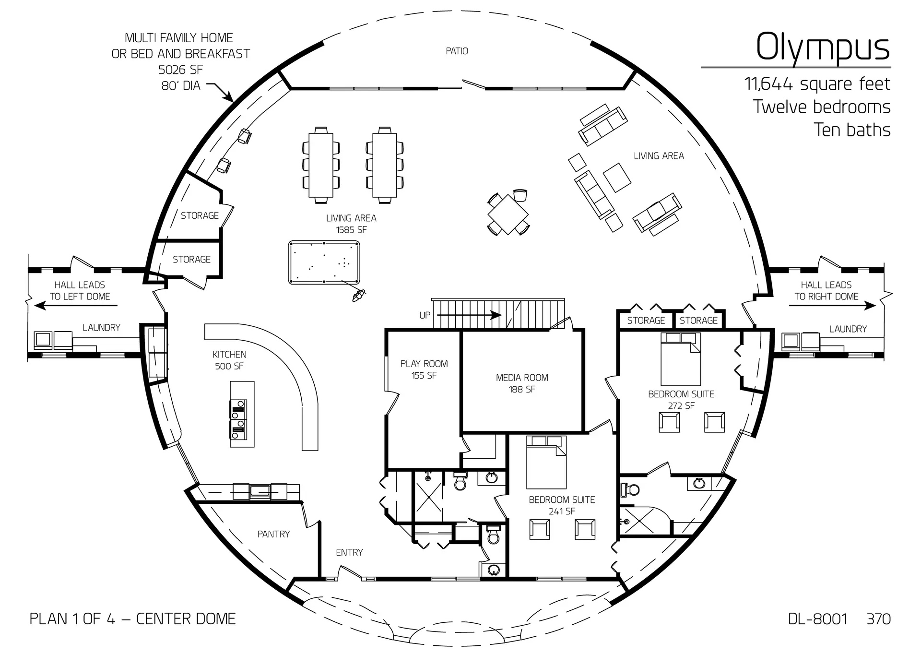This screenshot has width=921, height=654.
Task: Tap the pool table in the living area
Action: point(324,263)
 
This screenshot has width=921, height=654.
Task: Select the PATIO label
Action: point(457,51)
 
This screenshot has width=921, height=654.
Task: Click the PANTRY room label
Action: point(273,534)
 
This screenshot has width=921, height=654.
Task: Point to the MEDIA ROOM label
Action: point(522,378)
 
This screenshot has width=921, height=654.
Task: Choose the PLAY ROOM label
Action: point(424,364)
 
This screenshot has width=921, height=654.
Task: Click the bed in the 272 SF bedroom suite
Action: point(681,359)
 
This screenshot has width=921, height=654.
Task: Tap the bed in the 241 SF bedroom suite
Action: point(546,462)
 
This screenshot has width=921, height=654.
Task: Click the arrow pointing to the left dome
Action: point(74,305)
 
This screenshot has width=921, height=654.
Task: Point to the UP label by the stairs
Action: point(425,315)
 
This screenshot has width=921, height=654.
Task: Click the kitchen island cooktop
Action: point(238,419)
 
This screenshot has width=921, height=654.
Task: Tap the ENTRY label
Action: point(349,553)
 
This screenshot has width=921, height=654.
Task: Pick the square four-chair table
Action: point(508,214)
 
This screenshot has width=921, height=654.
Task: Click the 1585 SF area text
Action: point(351,230)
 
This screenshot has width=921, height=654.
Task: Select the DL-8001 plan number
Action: point(817,619)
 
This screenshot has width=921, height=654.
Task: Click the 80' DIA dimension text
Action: point(181,86)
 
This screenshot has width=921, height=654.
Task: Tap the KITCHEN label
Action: point(229,355)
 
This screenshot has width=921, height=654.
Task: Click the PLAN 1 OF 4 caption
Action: point(72,619)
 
